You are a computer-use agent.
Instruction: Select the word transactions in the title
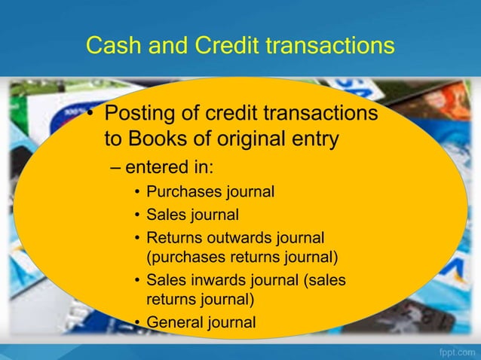point(329,46)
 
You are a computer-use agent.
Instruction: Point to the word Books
point(162,140)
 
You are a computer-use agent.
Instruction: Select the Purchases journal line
point(210,191)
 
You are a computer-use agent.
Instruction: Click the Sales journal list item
point(192,215)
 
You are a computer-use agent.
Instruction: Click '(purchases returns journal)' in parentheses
point(241,257)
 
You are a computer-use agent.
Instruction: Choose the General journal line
point(201,322)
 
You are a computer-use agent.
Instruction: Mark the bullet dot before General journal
point(138,323)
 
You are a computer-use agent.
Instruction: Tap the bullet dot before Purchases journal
point(138,192)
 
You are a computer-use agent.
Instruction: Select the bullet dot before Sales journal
point(138,215)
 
